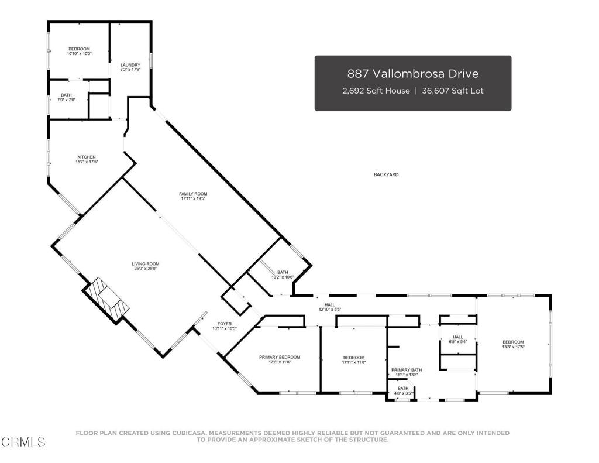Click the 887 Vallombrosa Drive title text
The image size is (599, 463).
click(412, 74)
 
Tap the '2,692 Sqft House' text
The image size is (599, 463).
click(376, 91)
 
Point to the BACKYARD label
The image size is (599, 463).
click(386, 174)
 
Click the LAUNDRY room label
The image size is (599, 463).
click(130, 65)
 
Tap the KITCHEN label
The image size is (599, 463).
click(86, 157)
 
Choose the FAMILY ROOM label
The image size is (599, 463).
click(193, 194)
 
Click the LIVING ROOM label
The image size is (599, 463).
click(145, 264)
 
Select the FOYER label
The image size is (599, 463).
click(225, 323)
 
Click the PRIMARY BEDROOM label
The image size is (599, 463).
click(280, 357)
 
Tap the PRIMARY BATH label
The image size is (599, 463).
click(407, 370)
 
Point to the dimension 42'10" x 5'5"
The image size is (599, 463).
click(330, 310)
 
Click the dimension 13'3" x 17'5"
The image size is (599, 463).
click(513, 347)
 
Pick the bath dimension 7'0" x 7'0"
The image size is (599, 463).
click(66, 100)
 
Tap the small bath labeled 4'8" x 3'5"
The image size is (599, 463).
click(403, 390)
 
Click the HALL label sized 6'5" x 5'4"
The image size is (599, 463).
click(457, 337)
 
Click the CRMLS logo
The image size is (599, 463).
click(23, 441)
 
